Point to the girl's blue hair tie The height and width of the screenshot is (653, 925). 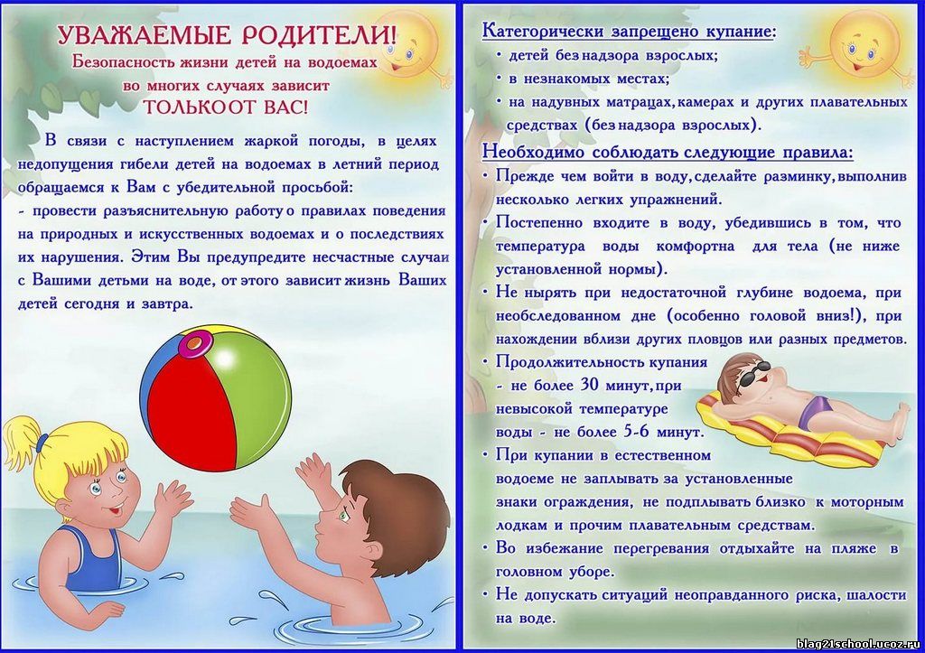pyautogui.click(x=42, y=442)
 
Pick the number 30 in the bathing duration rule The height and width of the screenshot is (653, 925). pyautogui.click(x=589, y=385)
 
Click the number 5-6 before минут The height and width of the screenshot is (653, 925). pyautogui.click(x=636, y=431)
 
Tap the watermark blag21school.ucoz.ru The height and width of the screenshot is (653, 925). pyautogui.click(x=858, y=643)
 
